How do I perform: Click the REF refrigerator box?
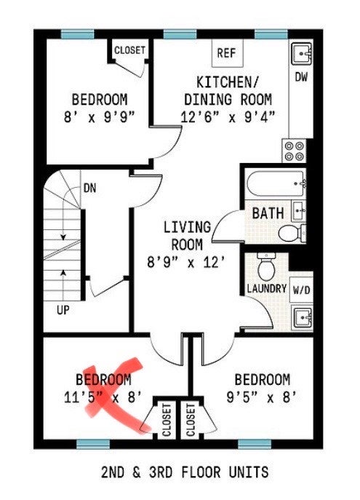click(x=228, y=53)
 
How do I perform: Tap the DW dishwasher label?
click(x=301, y=77)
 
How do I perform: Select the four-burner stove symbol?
click(x=294, y=151)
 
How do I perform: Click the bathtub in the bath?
click(x=276, y=184)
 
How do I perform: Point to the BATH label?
click(x=268, y=213)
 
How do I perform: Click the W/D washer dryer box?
click(x=301, y=290)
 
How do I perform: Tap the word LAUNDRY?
click(x=267, y=289)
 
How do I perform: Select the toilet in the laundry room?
click(x=266, y=266)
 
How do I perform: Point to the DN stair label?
click(x=89, y=189)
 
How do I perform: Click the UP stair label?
click(x=63, y=310)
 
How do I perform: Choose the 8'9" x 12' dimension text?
click(x=186, y=263)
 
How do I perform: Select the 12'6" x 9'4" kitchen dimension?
click(x=228, y=117)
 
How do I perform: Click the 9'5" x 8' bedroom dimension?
click(x=262, y=397)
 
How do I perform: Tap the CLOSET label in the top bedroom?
click(x=129, y=50)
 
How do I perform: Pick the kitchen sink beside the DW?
click(x=301, y=53)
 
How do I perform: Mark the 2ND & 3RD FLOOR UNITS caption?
click(x=185, y=472)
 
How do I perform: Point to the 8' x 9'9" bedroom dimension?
click(x=100, y=117)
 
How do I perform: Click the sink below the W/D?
click(x=303, y=318)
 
